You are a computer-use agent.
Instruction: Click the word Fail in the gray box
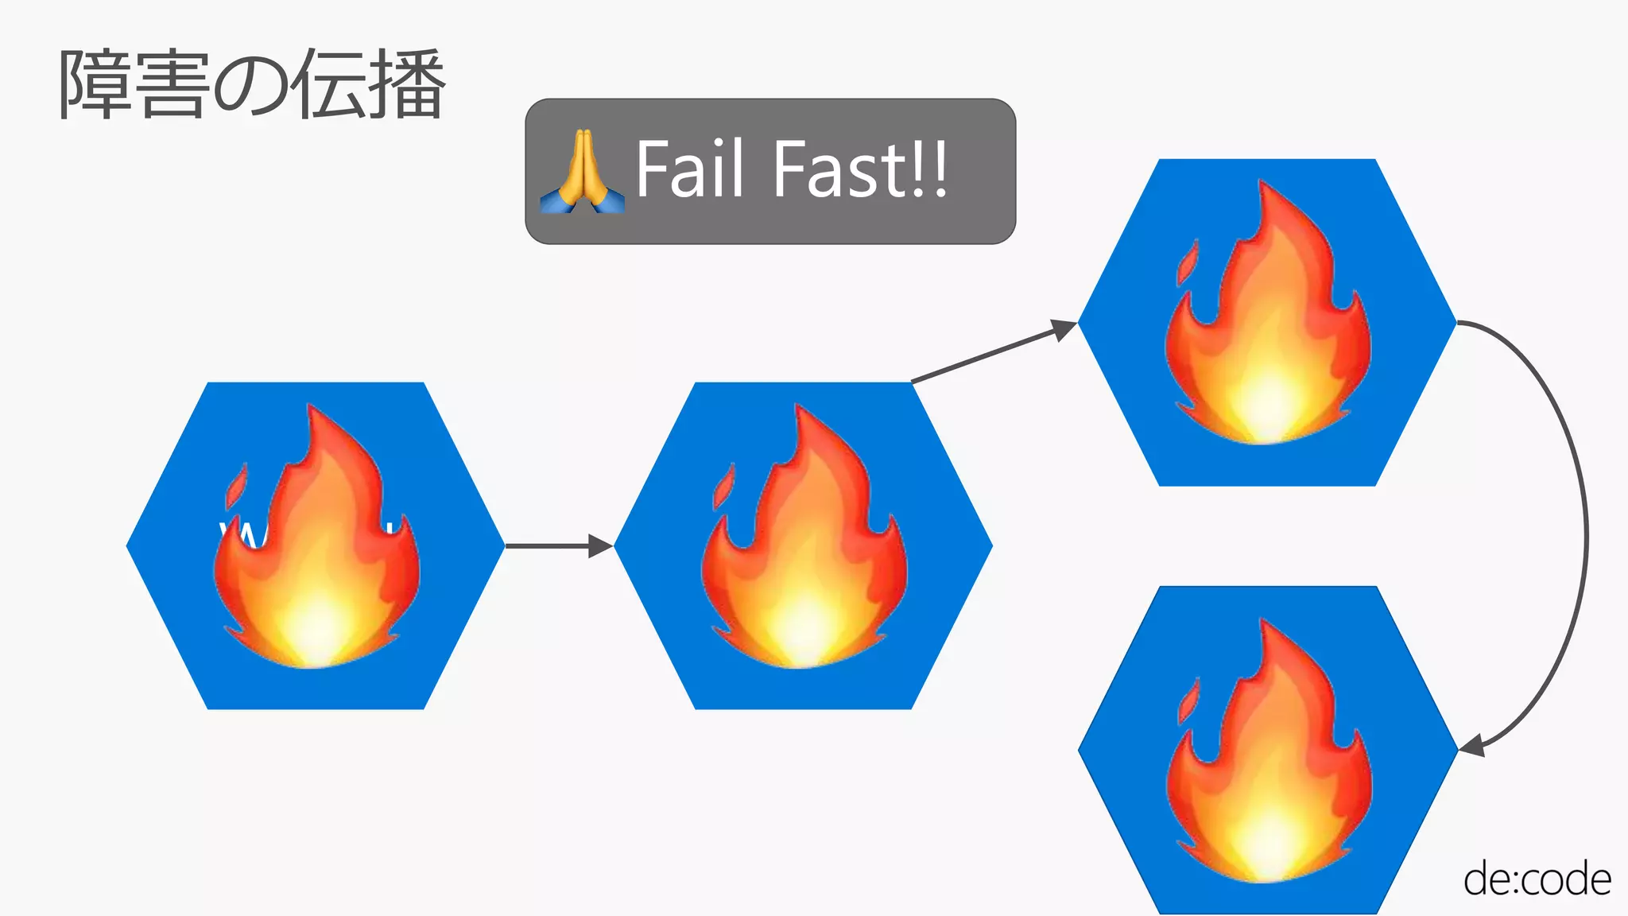click(x=689, y=169)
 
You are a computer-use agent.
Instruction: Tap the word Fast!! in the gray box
click(x=860, y=169)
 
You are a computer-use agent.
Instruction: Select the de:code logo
click(x=1537, y=879)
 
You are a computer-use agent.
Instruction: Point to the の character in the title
click(x=251, y=86)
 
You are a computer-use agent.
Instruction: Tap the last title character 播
click(x=406, y=84)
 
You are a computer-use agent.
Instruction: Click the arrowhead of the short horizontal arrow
click(x=600, y=546)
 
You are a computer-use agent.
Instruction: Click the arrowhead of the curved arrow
click(x=1472, y=746)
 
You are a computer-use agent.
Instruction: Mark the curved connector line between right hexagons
click(x=1585, y=533)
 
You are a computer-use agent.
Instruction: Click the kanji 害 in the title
click(x=170, y=84)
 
